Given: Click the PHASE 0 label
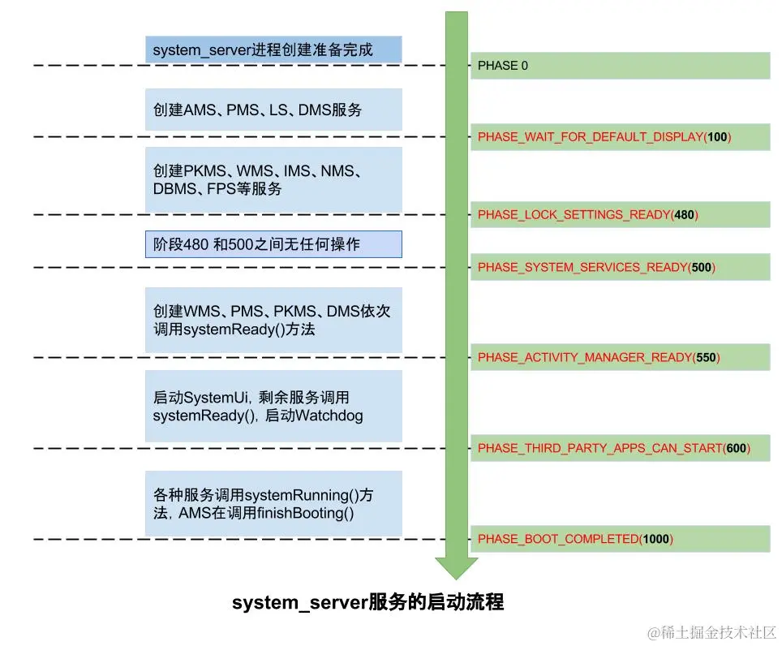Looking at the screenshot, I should click(x=503, y=66).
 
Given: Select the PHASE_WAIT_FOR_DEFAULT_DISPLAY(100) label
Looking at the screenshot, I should click(x=604, y=137).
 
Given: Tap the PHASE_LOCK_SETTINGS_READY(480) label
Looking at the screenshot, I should click(x=588, y=215).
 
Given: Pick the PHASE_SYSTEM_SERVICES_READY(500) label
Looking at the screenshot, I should click(x=596, y=267).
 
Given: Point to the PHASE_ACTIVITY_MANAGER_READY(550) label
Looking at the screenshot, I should click(x=599, y=357).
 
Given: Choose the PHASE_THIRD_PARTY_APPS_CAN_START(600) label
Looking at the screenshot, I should click(x=613, y=448).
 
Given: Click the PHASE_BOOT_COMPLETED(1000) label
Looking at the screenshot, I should click(x=575, y=539).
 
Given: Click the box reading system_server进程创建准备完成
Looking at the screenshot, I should click(x=273, y=50).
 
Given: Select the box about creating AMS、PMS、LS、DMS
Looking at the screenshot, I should click(x=273, y=110).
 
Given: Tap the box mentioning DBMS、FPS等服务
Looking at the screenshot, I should click(x=273, y=180).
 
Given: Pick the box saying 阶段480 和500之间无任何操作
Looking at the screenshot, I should click(x=273, y=244).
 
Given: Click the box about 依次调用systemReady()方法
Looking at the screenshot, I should click(x=273, y=320).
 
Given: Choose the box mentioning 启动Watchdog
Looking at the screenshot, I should click(x=273, y=407).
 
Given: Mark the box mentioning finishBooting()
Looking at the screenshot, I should click(x=273, y=503).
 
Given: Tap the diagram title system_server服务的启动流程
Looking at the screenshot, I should click(x=368, y=603).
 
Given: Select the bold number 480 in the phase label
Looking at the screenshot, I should click(x=684, y=215).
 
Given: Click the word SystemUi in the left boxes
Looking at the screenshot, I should click(x=213, y=398).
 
